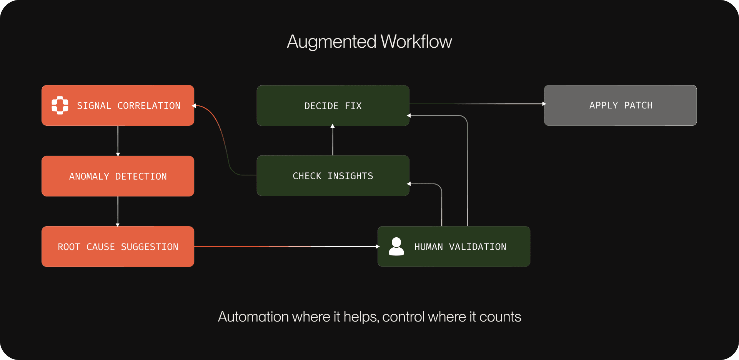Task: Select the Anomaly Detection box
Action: (118, 176)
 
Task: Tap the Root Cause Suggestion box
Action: (118, 247)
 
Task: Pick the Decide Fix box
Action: (333, 106)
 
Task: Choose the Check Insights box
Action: (333, 176)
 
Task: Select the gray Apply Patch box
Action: (620, 105)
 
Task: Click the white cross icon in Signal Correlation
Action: (60, 105)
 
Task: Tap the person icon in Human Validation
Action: (396, 247)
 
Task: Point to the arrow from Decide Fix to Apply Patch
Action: (477, 104)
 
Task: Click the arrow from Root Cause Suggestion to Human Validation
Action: (286, 247)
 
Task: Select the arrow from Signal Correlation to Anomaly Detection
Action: (118, 141)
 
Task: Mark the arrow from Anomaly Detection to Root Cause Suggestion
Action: (118, 211)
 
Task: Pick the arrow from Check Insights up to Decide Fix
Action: (333, 141)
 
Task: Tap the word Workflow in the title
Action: (416, 42)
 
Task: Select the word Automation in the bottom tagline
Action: (253, 317)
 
